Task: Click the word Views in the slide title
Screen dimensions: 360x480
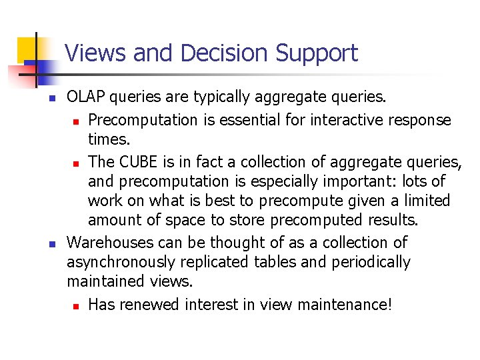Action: coord(97,53)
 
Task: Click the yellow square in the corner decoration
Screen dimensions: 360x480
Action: coord(27,48)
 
